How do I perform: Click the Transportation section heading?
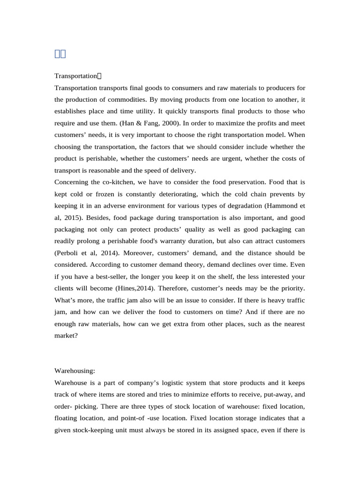(75, 75)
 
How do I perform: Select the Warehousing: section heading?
(75, 371)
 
